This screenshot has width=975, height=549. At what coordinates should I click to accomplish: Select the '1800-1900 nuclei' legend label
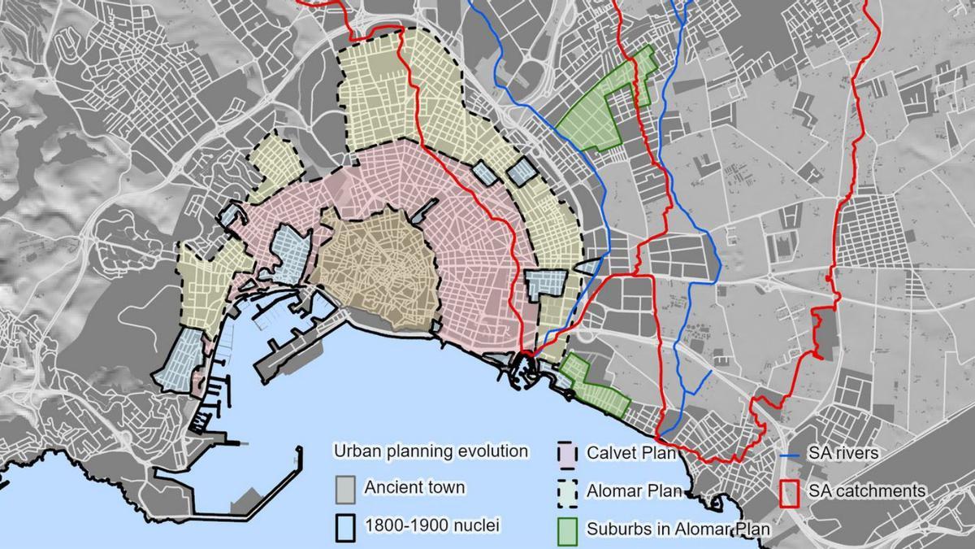(x=431, y=525)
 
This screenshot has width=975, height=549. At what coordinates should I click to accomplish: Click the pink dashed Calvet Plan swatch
(x=567, y=453)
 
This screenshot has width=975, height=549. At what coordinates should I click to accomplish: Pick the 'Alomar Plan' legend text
(x=623, y=491)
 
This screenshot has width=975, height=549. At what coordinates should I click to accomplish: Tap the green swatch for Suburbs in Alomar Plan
(x=567, y=529)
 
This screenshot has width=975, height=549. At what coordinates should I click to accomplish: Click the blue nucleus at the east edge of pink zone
(x=548, y=285)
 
